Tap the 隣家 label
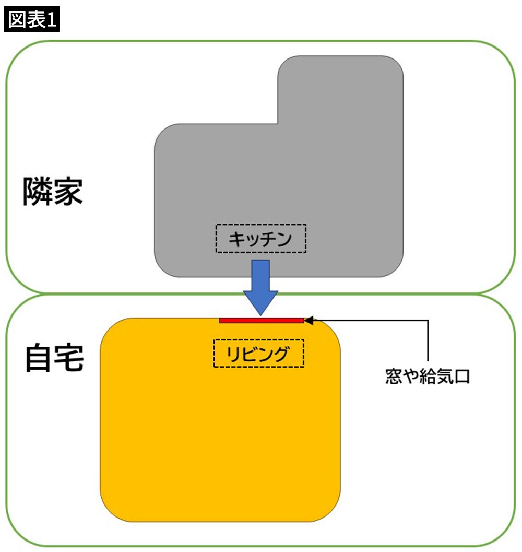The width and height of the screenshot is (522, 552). tap(53, 192)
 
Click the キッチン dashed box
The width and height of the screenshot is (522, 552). tap(260, 239)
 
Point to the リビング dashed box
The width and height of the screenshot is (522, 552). tap(258, 354)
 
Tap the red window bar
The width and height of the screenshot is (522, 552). tap(261, 320)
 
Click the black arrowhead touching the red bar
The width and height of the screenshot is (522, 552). tap(308, 320)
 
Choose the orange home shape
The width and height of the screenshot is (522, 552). tap(219, 433)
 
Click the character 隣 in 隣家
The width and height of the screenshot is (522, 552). tap(37, 192)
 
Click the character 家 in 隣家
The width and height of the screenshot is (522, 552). tap(68, 192)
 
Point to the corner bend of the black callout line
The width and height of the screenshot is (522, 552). tap(428, 320)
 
